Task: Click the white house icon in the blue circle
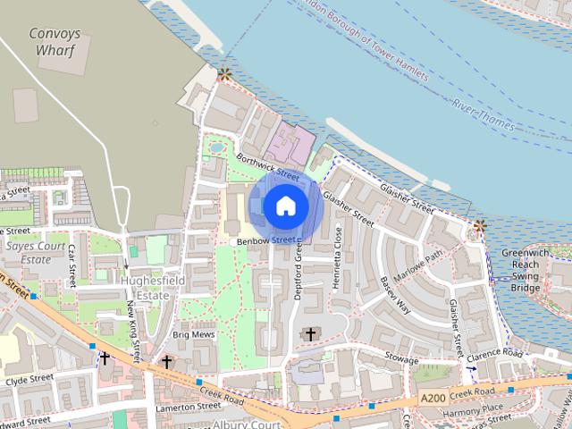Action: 285,206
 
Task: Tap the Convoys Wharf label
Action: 54,42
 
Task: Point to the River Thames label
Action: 483,117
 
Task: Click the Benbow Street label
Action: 265,240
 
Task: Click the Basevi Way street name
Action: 394,296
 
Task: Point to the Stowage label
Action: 402,357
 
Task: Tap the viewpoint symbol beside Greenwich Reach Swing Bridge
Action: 479,227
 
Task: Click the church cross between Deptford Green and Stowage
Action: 311,334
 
